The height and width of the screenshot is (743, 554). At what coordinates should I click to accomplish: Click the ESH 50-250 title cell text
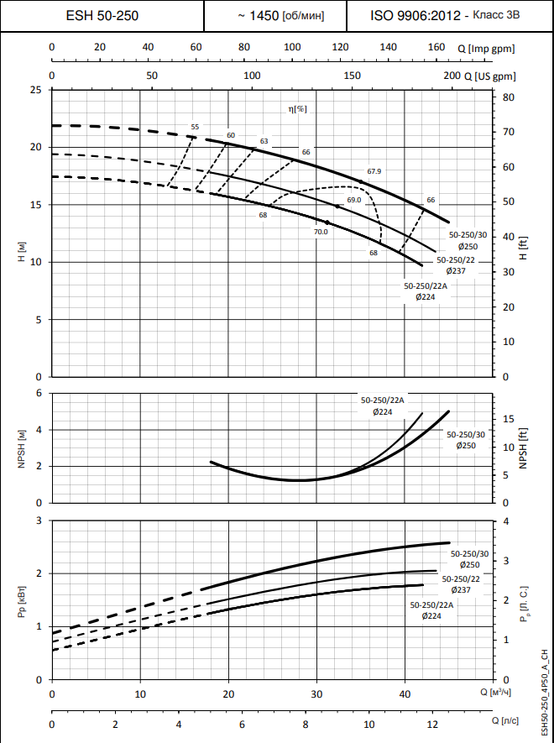(102, 16)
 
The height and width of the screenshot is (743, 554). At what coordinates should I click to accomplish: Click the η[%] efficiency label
(297, 108)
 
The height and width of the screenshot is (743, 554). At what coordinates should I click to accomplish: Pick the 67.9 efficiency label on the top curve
(374, 171)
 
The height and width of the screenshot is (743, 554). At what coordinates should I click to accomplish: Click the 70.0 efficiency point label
(321, 232)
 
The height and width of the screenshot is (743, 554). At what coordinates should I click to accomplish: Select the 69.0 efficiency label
(353, 200)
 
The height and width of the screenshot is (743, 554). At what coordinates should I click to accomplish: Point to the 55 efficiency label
(195, 127)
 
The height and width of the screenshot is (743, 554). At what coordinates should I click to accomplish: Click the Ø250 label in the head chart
(468, 246)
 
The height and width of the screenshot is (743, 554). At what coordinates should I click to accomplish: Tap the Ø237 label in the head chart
(456, 271)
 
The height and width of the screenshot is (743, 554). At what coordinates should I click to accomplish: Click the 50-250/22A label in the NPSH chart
(382, 400)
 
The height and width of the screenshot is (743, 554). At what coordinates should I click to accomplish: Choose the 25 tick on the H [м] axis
(34, 90)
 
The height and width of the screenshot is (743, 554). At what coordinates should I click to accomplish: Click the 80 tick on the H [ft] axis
(508, 97)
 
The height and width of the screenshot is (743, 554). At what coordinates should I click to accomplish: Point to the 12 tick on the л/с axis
(432, 724)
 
